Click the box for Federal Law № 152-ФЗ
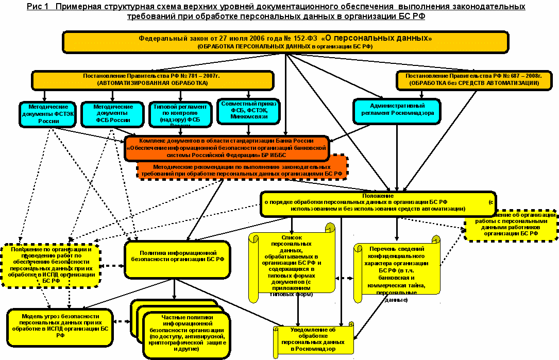(x=284, y=42)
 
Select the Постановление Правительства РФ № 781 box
(x=153, y=79)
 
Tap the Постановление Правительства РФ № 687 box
(x=474, y=79)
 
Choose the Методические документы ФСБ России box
(x=112, y=113)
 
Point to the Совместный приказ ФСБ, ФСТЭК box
(x=249, y=111)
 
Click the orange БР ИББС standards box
(x=227, y=148)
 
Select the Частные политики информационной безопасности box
(x=184, y=335)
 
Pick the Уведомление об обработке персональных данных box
(x=313, y=339)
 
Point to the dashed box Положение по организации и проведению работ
(x=50, y=265)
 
